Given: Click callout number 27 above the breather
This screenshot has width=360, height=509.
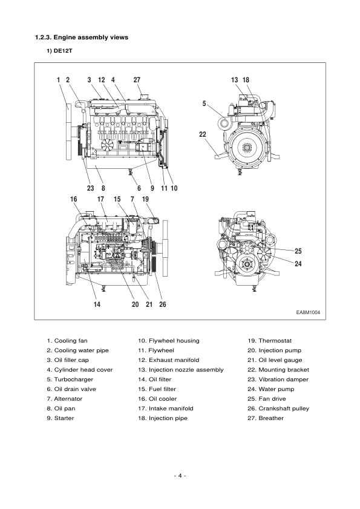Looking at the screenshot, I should pos(137,79).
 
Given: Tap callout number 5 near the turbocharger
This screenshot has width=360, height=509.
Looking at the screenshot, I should pos(205,103).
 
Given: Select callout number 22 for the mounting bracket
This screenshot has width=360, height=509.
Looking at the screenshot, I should pos(203,134).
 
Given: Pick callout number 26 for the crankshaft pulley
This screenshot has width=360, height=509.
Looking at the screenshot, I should pos(162,304).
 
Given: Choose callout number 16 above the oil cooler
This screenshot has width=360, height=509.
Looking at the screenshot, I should pos(74,199).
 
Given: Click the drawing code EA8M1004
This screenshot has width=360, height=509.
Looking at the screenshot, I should pos(308,313).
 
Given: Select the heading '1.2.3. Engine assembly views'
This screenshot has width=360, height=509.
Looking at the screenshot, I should pos(82,38).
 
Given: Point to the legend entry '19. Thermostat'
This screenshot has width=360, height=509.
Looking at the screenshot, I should pos(270,341).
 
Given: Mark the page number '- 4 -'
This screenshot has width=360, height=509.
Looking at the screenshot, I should pos(180,476).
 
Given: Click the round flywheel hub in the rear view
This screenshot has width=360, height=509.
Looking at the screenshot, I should pos(249,147).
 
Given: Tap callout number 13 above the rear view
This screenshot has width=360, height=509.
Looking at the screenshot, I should pos(235,79).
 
